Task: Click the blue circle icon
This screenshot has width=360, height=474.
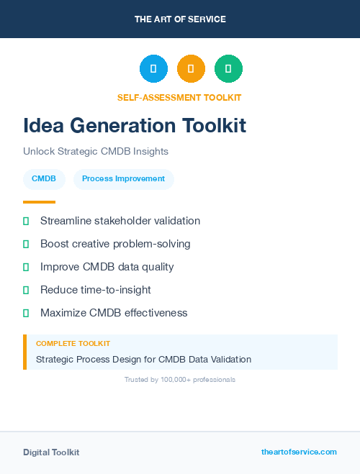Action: (x=153, y=69)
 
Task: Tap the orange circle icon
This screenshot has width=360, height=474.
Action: (x=191, y=69)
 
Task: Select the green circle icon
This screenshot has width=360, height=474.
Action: (x=228, y=69)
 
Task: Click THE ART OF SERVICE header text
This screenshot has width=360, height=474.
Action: (x=180, y=19)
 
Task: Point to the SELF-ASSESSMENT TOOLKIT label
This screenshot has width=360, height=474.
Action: (x=179, y=97)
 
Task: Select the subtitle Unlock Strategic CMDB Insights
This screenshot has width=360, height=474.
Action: (x=96, y=152)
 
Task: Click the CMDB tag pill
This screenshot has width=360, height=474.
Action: (x=44, y=178)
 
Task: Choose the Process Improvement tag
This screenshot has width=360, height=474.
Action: (x=123, y=178)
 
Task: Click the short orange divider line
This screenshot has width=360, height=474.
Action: (x=39, y=202)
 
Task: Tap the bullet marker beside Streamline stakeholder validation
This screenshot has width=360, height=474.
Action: (x=26, y=221)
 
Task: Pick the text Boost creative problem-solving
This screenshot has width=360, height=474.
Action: (x=115, y=244)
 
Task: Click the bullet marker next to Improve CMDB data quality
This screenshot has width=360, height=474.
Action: (x=26, y=267)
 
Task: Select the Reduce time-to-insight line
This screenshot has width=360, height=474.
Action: (x=96, y=290)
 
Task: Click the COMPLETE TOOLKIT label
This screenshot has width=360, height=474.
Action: (x=73, y=344)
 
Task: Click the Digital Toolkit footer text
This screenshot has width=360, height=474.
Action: (x=51, y=452)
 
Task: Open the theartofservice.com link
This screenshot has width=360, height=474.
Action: (x=299, y=452)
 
